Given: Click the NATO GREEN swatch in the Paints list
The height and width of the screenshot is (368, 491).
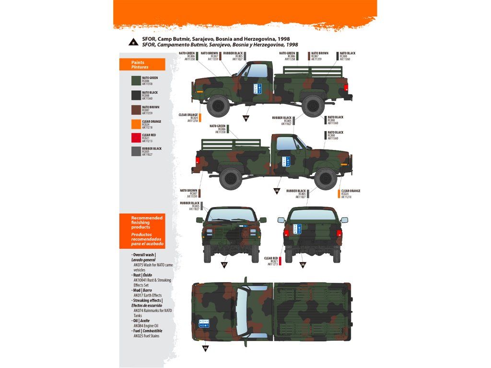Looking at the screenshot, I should click(x=136, y=81).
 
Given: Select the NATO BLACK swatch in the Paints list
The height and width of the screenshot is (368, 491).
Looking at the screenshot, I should click(x=136, y=95).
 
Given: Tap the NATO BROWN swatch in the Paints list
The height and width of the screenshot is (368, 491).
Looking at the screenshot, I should click(x=136, y=110).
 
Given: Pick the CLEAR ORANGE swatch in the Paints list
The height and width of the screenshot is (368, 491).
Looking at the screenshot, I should click(x=136, y=124).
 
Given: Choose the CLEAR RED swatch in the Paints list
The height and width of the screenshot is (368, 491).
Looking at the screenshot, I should click(x=136, y=138).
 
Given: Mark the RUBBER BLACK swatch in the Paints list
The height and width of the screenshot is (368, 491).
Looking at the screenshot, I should click(x=136, y=151).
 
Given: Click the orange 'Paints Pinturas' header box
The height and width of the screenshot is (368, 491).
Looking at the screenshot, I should click(x=142, y=65).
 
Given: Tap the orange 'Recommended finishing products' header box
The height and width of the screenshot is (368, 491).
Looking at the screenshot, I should click(x=142, y=231).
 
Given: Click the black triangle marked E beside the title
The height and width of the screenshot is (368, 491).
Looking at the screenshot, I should click(x=131, y=41).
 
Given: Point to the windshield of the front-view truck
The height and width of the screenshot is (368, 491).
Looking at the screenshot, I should click(x=231, y=215).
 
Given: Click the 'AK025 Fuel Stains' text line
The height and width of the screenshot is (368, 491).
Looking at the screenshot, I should click(x=147, y=336).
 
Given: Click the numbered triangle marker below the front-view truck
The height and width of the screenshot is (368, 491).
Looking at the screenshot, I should click(x=224, y=264).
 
